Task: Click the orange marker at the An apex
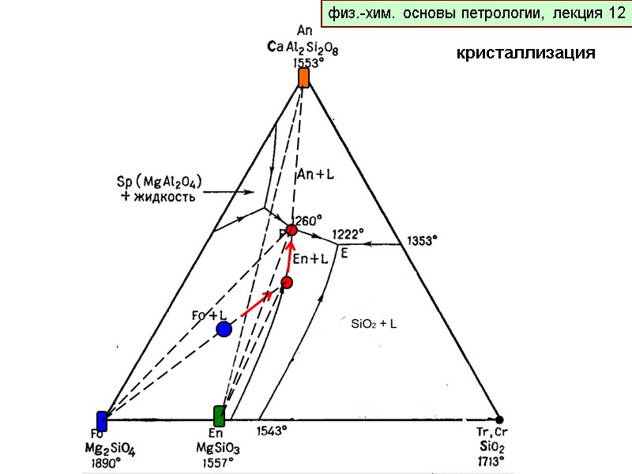[x=303, y=77]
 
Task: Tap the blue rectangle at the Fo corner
[x=102, y=421]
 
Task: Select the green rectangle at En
[x=220, y=416]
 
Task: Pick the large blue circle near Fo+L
[x=224, y=329]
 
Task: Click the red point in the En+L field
[x=288, y=283]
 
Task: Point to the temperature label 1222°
[x=348, y=234]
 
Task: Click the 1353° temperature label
[x=422, y=240]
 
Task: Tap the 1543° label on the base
[x=273, y=431]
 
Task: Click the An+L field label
[x=316, y=175]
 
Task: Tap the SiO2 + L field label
[x=374, y=324]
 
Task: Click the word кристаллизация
[x=525, y=54]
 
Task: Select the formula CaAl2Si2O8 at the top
[x=303, y=47]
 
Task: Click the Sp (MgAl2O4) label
[x=158, y=182]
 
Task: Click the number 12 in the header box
[x=616, y=13]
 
